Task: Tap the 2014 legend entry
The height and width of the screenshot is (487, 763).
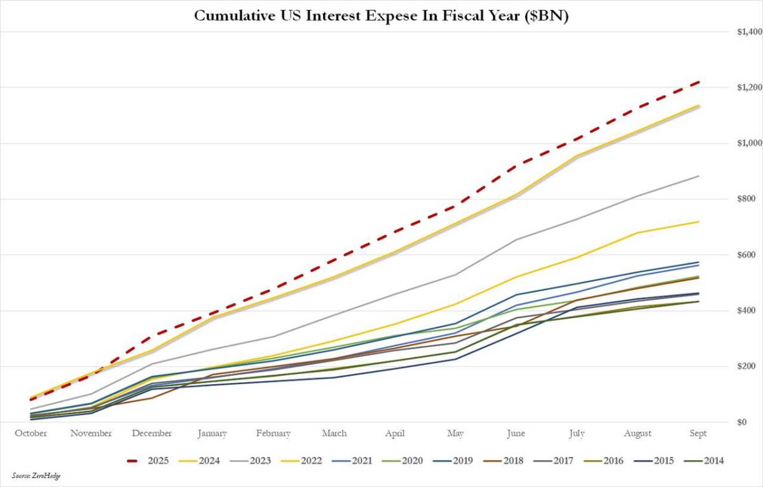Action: click(x=713, y=461)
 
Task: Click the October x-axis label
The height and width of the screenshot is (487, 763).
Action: click(x=31, y=434)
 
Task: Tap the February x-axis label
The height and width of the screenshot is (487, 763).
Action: click(x=273, y=434)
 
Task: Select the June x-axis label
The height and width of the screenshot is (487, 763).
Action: click(x=516, y=434)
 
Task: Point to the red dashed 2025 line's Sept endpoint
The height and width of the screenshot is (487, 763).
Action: click(x=699, y=82)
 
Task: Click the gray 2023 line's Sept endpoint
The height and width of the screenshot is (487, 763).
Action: click(x=699, y=176)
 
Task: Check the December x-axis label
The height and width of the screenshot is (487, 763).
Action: click(x=152, y=434)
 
